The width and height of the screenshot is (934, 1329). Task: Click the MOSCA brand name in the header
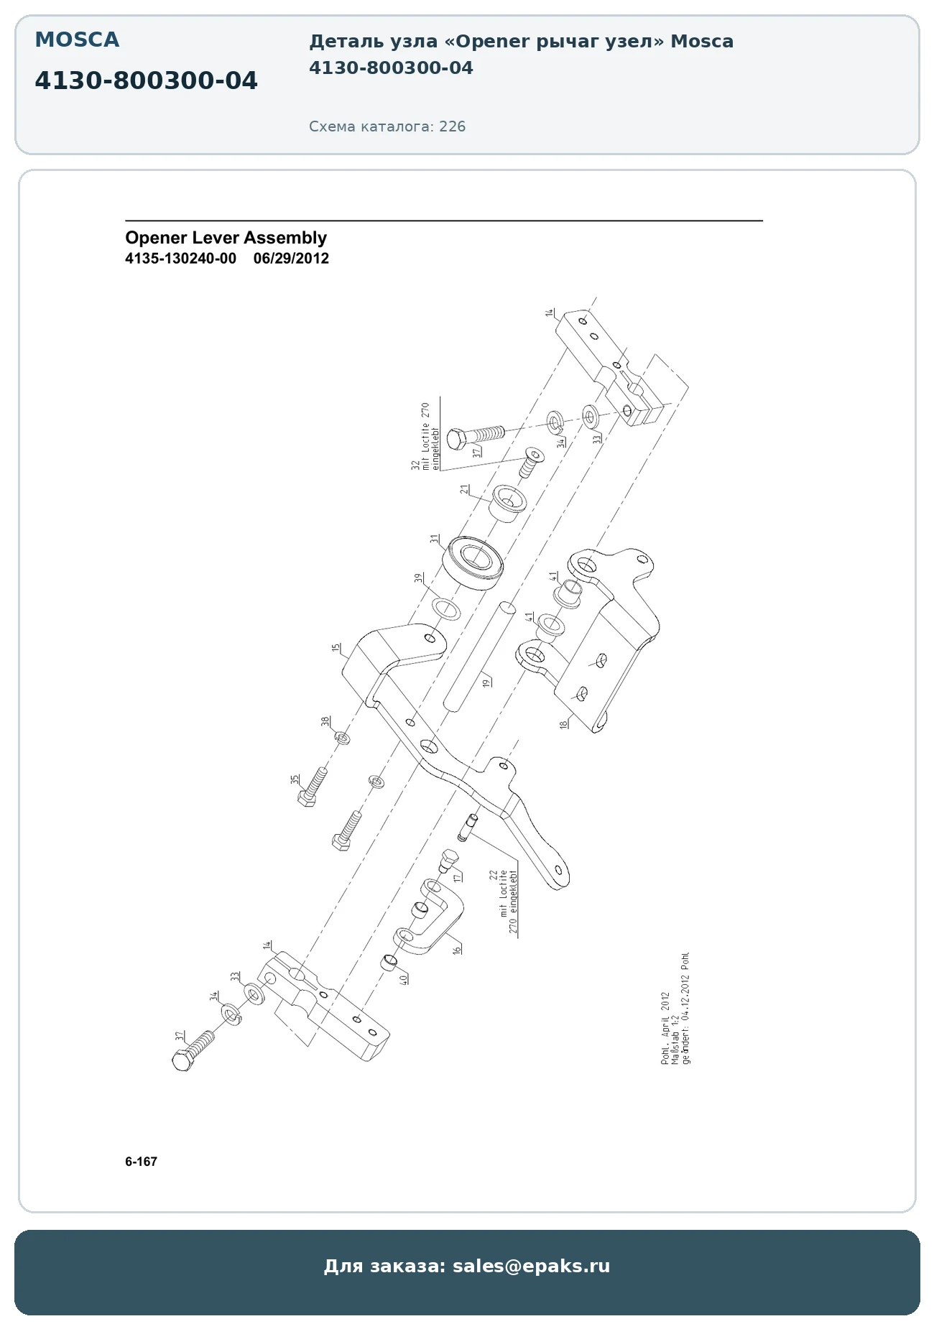click(x=77, y=40)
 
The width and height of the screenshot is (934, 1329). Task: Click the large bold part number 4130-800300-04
click(x=146, y=81)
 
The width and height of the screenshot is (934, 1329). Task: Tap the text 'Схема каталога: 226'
click(x=387, y=126)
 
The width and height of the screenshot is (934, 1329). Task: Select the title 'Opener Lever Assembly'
click(x=226, y=238)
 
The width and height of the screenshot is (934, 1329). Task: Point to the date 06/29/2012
click(x=291, y=259)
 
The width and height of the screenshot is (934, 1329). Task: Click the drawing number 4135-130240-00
click(x=180, y=259)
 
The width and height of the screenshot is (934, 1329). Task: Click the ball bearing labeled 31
click(x=472, y=563)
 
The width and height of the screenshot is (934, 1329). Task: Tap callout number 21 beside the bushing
click(x=465, y=489)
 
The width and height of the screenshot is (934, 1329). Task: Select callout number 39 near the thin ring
click(x=417, y=578)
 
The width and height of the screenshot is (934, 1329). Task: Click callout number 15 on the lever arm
click(x=336, y=648)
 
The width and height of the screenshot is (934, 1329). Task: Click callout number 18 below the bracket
click(x=563, y=723)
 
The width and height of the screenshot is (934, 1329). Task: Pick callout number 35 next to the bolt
click(x=295, y=779)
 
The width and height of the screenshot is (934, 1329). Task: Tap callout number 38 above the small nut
click(x=325, y=721)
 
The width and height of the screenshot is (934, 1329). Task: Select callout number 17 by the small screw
click(x=458, y=877)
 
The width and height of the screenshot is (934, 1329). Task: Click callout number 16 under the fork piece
click(x=456, y=949)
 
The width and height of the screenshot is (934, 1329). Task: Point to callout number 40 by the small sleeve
click(x=403, y=978)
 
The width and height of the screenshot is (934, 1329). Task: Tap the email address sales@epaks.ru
click(x=531, y=1265)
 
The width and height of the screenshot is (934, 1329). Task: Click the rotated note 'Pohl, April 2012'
click(x=665, y=1029)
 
